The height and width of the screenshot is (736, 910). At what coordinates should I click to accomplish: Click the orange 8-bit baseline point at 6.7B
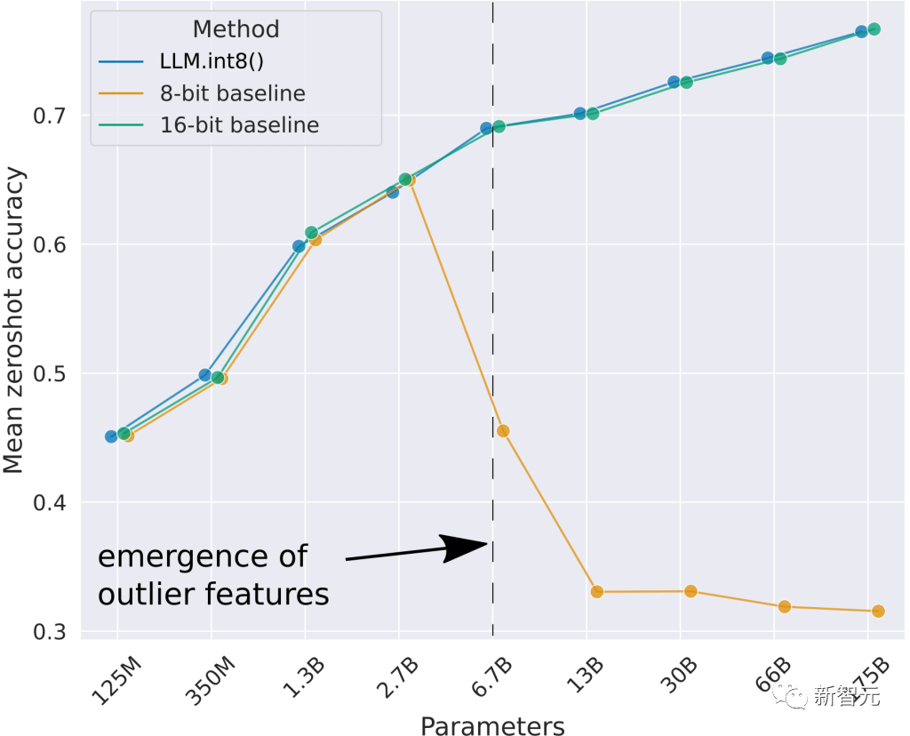(x=503, y=431)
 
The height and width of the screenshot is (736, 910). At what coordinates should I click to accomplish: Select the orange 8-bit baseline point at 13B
(x=597, y=592)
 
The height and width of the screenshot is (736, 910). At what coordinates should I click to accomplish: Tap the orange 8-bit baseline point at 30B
(x=690, y=591)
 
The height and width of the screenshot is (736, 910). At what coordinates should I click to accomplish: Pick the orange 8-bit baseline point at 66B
(x=785, y=606)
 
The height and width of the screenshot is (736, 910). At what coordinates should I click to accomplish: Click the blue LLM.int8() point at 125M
(x=111, y=436)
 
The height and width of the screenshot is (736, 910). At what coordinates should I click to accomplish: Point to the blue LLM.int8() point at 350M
(x=205, y=375)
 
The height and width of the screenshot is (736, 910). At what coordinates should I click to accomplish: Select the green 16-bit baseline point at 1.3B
(x=311, y=232)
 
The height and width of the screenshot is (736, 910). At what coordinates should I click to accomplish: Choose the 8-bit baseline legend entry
(x=233, y=93)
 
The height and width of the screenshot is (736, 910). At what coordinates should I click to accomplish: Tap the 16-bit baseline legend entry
(x=238, y=124)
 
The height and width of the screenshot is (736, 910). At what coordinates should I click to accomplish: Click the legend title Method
(x=235, y=29)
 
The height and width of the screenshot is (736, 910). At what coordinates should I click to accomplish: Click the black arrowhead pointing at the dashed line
(x=468, y=546)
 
